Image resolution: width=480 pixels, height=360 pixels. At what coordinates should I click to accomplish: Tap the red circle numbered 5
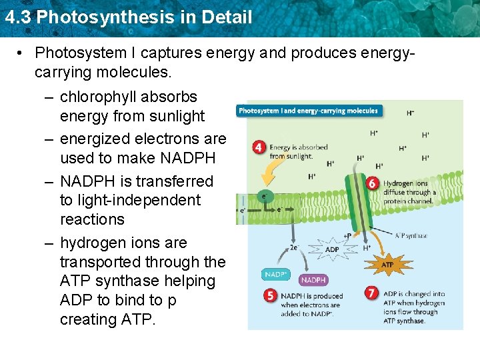[x=271, y=295]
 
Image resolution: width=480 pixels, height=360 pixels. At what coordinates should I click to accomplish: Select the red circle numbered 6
[x=373, y=183]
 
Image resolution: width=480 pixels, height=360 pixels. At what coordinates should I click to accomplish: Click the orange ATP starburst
[x=387, y=264]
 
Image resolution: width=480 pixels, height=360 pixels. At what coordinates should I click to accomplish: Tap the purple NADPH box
[x=313, y=280]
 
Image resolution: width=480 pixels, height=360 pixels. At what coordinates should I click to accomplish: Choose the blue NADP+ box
[x=276, y=274]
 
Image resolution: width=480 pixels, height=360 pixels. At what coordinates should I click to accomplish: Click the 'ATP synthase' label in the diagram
[x=411, y=235]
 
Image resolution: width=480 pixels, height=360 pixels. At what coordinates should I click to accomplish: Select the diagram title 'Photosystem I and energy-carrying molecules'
[x=308, y=111]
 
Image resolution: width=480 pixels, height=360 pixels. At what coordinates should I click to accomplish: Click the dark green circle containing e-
[x=265, y=197]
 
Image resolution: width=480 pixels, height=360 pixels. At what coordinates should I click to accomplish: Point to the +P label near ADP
[x=347, y=236]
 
